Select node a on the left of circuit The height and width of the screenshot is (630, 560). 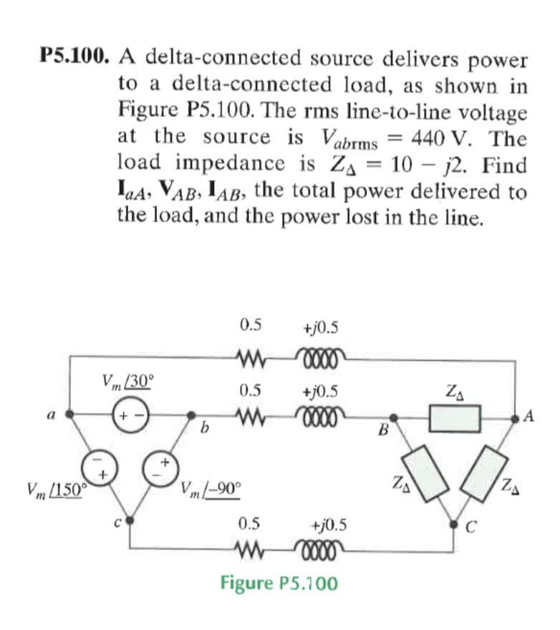click(x=69, y=414)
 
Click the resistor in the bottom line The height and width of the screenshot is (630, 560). click(x=251, y=551)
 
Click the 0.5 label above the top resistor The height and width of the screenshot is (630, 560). click(x=251, y=327)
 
